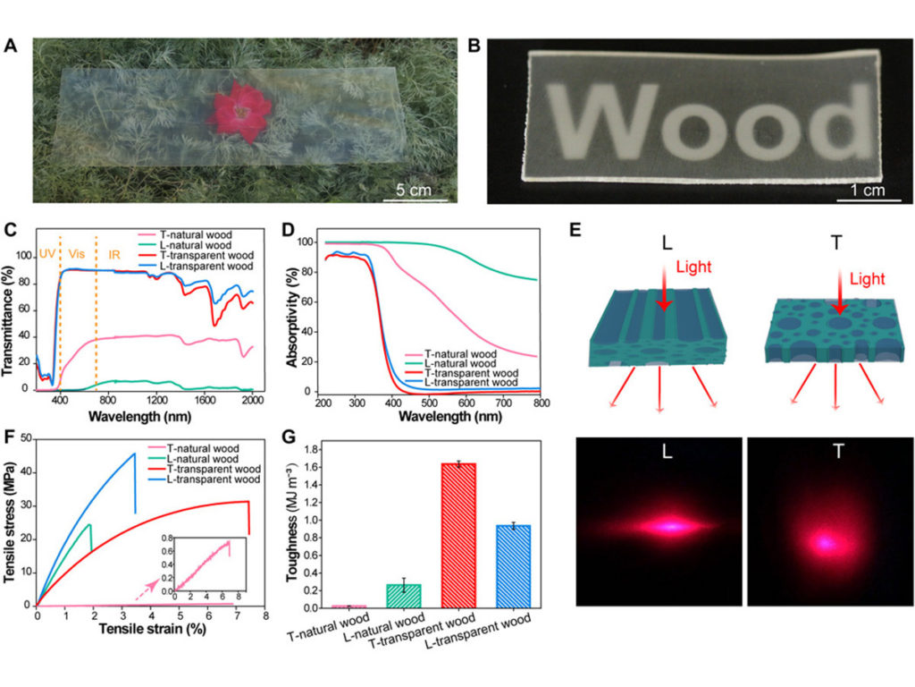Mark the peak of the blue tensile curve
click(x=135, y=454)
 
